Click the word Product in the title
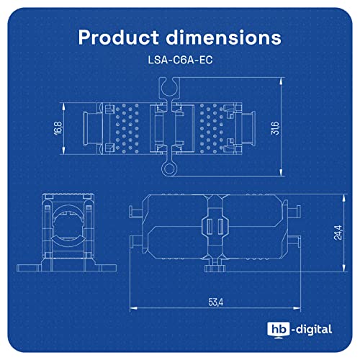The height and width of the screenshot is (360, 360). pyautogui.click(x=119, y=37)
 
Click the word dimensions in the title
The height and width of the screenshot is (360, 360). pyautogui.click(x=224, y=37)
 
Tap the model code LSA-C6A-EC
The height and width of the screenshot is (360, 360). pyautogui.click(x=180, y=60)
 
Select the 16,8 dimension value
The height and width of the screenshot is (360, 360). pyautogui.click(x=58, y=128)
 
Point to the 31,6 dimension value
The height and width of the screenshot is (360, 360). pyautogui.click(x=275, y=128)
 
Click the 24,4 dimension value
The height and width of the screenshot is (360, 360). pyautogui.click(x=338, y=233)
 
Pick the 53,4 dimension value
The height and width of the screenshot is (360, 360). pyautogui.click(x=216, y=302)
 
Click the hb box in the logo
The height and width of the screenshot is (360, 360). pyautogui.click(x=279, y=330)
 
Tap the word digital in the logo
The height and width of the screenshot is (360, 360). pyautogui.click(x=314, y=329)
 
